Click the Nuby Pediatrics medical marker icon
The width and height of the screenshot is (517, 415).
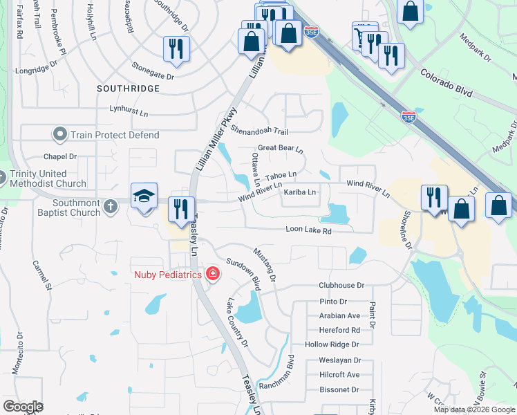point(213,275)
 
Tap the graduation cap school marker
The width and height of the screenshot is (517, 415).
point(145,197)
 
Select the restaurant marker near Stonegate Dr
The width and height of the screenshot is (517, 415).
point(176,49)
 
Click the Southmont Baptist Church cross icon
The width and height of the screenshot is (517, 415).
point(110,206)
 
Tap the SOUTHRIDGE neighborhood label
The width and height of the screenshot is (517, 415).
point(128,89)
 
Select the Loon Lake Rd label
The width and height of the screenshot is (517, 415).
point(309,230)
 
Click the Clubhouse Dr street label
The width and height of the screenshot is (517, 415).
point(341,285)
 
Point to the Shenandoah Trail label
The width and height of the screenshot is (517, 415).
point(258,131)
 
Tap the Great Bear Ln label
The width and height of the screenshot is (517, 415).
point(281,149)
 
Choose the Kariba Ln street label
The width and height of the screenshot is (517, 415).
point(300,192)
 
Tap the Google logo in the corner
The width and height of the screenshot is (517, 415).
point(23,407)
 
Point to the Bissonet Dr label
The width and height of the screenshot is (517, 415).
point(339,390)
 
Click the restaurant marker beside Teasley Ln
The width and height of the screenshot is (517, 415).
point(181,209)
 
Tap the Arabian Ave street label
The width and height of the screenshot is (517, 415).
point(339,315)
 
